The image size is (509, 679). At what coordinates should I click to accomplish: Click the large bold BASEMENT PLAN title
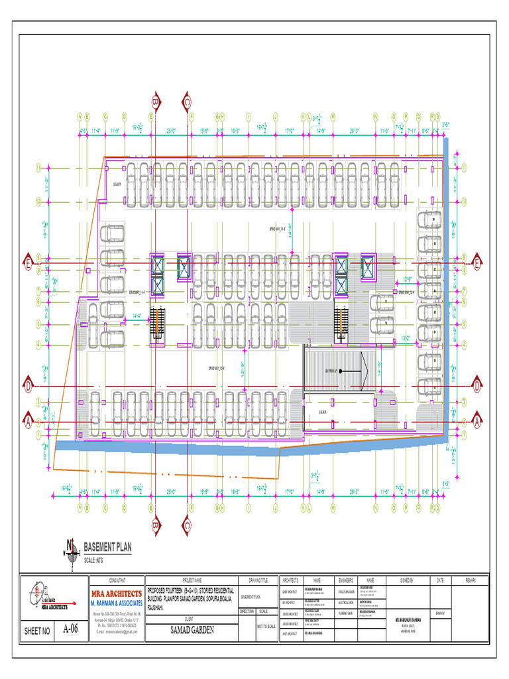pos(108,547)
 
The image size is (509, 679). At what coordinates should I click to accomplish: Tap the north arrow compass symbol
pos(70,548)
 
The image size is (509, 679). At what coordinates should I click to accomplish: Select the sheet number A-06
pos(71,629)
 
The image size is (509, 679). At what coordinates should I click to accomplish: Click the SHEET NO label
pos(37,631)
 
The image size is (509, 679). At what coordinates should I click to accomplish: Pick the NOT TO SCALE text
pos(266,626)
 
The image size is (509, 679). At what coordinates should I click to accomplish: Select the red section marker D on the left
pos(28,384)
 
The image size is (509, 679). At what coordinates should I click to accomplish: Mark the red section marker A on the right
pos(477,420)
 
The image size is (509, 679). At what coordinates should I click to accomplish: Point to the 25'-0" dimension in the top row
pos(170,131)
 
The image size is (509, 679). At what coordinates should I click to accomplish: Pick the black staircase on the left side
pos(157,325)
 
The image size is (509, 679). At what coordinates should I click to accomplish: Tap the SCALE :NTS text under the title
pos(93,561)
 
